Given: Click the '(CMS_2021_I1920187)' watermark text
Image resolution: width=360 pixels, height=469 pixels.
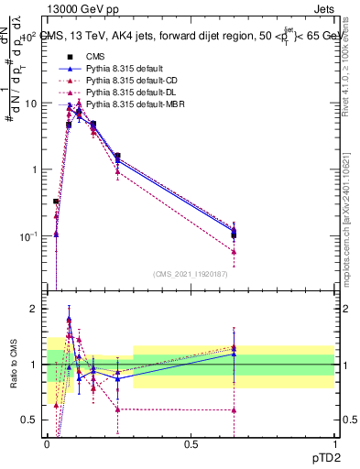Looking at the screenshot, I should click(x=191, y=274).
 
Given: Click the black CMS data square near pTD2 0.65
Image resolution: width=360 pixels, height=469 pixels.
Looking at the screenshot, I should click(x=235, y=235).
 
